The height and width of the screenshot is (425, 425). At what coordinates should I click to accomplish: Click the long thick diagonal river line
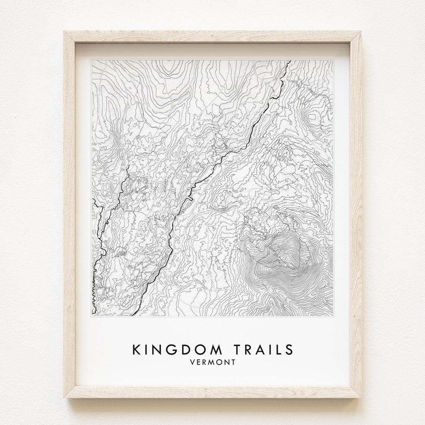(220, 157)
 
